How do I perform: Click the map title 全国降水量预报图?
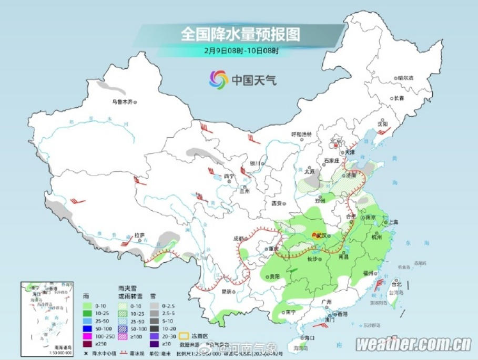coord(240,35)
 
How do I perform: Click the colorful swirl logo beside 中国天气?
coord(218,80)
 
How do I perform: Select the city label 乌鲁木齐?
coord(121,102)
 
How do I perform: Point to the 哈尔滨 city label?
coord(405,77)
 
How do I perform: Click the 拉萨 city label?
coord(139,235)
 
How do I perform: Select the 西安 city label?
coord(278,203)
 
